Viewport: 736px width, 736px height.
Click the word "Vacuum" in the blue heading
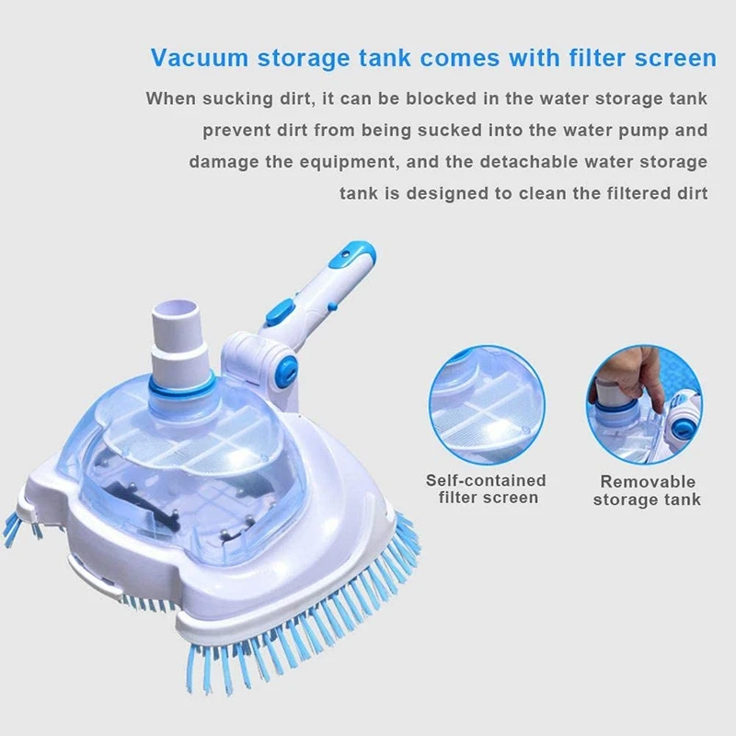click(x=198, y=59)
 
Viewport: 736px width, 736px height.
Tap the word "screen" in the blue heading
click(x=670, y=59)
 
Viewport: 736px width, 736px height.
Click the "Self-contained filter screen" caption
click(x=486, y=489)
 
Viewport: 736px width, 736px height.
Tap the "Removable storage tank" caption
click(x=647, y=489)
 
